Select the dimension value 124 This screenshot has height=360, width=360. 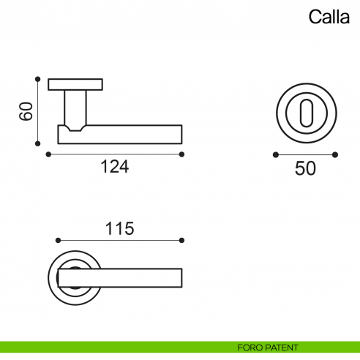tap(114, 167)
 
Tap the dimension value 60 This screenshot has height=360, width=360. tap(26, 112)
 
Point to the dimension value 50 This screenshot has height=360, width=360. tap(305, 168)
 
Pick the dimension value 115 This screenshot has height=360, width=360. tap(119, 228)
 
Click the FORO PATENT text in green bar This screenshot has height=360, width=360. tap(267, 347)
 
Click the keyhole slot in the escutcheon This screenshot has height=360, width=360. tap(305, 113)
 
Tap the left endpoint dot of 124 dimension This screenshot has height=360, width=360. tap(48, 154)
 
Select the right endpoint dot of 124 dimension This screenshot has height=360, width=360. tap(182, 154)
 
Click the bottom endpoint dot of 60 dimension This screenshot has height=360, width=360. tap(36, 145)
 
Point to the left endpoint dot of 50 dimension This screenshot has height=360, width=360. tap(275, 154)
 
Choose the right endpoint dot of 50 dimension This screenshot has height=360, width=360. tap(335, 154)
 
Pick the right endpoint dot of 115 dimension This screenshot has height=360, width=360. tap(182, 240)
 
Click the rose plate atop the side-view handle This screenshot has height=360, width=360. tap(76, 83)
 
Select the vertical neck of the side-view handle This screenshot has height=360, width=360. tap(76, 107)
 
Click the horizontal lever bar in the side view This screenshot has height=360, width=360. tap(132, 135)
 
